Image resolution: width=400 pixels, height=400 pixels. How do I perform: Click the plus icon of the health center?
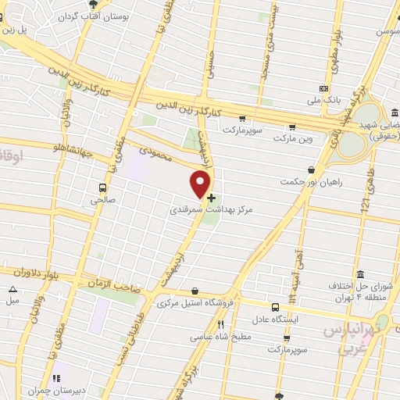click(x=212, y=198)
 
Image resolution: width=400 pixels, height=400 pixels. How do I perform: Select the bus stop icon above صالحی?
click(x=102, y=187)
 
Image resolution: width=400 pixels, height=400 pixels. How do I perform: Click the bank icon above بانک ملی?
click(x=324, y=88)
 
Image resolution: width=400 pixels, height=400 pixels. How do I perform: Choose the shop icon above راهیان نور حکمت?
click(x=312, y=170)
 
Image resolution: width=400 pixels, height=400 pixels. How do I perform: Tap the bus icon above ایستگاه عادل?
click(x=275, y=308)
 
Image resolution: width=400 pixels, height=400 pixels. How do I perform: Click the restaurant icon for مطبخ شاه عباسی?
click(x=221, y=325)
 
